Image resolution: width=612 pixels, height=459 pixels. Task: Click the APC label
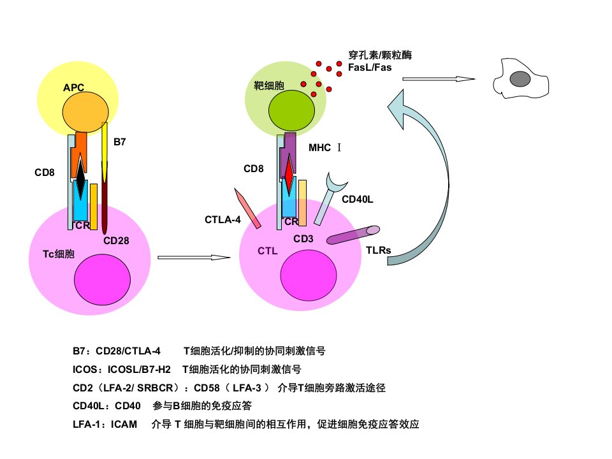[x=73, y=87]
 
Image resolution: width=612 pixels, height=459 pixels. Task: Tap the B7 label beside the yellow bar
[x=119, y=142]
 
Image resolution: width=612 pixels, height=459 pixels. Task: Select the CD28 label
[x=116, y=240]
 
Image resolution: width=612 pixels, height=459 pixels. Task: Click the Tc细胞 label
[x=59, y=254]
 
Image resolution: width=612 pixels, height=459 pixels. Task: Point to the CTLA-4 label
[x=222, y=220]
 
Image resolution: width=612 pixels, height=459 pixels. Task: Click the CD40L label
[x=357, y=200]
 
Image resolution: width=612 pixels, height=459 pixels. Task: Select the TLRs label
[x=378, y=250]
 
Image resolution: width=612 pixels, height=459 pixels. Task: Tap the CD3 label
[x=303, y=238]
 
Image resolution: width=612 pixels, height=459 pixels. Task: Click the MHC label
[x=319, y=147]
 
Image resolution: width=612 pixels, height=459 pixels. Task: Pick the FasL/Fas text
[x=370, y=68]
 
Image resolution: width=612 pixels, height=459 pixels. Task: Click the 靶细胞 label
[x=269, y=85]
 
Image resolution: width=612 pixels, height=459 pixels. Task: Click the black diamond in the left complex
[x=80, y=178]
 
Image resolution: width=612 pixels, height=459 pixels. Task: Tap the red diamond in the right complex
[x=288, y=175]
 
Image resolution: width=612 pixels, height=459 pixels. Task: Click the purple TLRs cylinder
[x=353, y=235]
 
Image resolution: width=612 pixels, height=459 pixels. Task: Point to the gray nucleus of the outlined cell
[x=520, y=79]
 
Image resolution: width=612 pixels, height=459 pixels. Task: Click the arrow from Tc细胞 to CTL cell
[x=194, y=258]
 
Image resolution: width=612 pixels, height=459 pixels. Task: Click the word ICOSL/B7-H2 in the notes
[x=139, y=369]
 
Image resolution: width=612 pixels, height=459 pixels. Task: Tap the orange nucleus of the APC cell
[x=85, y=112]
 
